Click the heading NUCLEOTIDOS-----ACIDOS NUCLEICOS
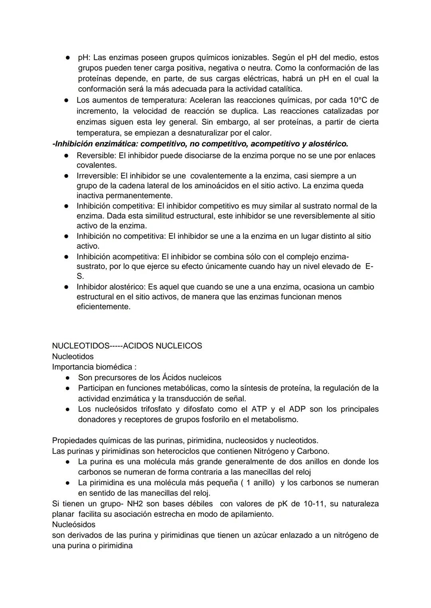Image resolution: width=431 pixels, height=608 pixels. point(127,346)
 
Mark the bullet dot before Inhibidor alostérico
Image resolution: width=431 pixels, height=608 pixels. point(67,287)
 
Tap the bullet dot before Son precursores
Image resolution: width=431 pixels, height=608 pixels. point(68,378)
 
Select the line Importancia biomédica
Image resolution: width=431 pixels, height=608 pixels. point(94,367)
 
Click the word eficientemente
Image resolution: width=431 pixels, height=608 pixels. point(103,307)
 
